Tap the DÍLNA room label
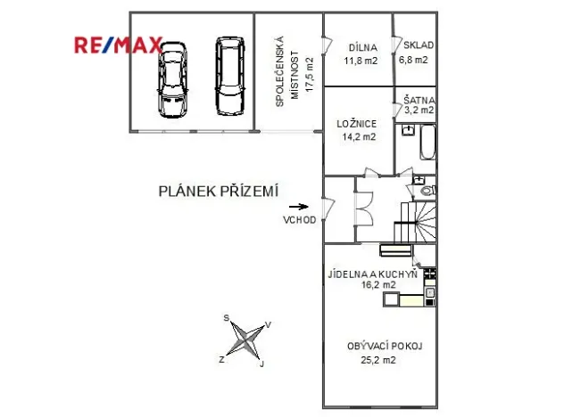coord(361,47)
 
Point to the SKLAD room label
coord(418,45)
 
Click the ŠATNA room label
coord(418,100)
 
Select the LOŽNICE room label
coord(356,124)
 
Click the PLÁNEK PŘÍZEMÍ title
coord(219,190)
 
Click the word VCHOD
coord(299,220)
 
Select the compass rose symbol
coord(244,339)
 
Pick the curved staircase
coord(417,221)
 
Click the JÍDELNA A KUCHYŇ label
coord(372,274)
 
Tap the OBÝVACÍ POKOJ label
coord(384,347)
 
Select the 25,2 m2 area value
coord(378,360)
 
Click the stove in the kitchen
coord(430,274)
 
